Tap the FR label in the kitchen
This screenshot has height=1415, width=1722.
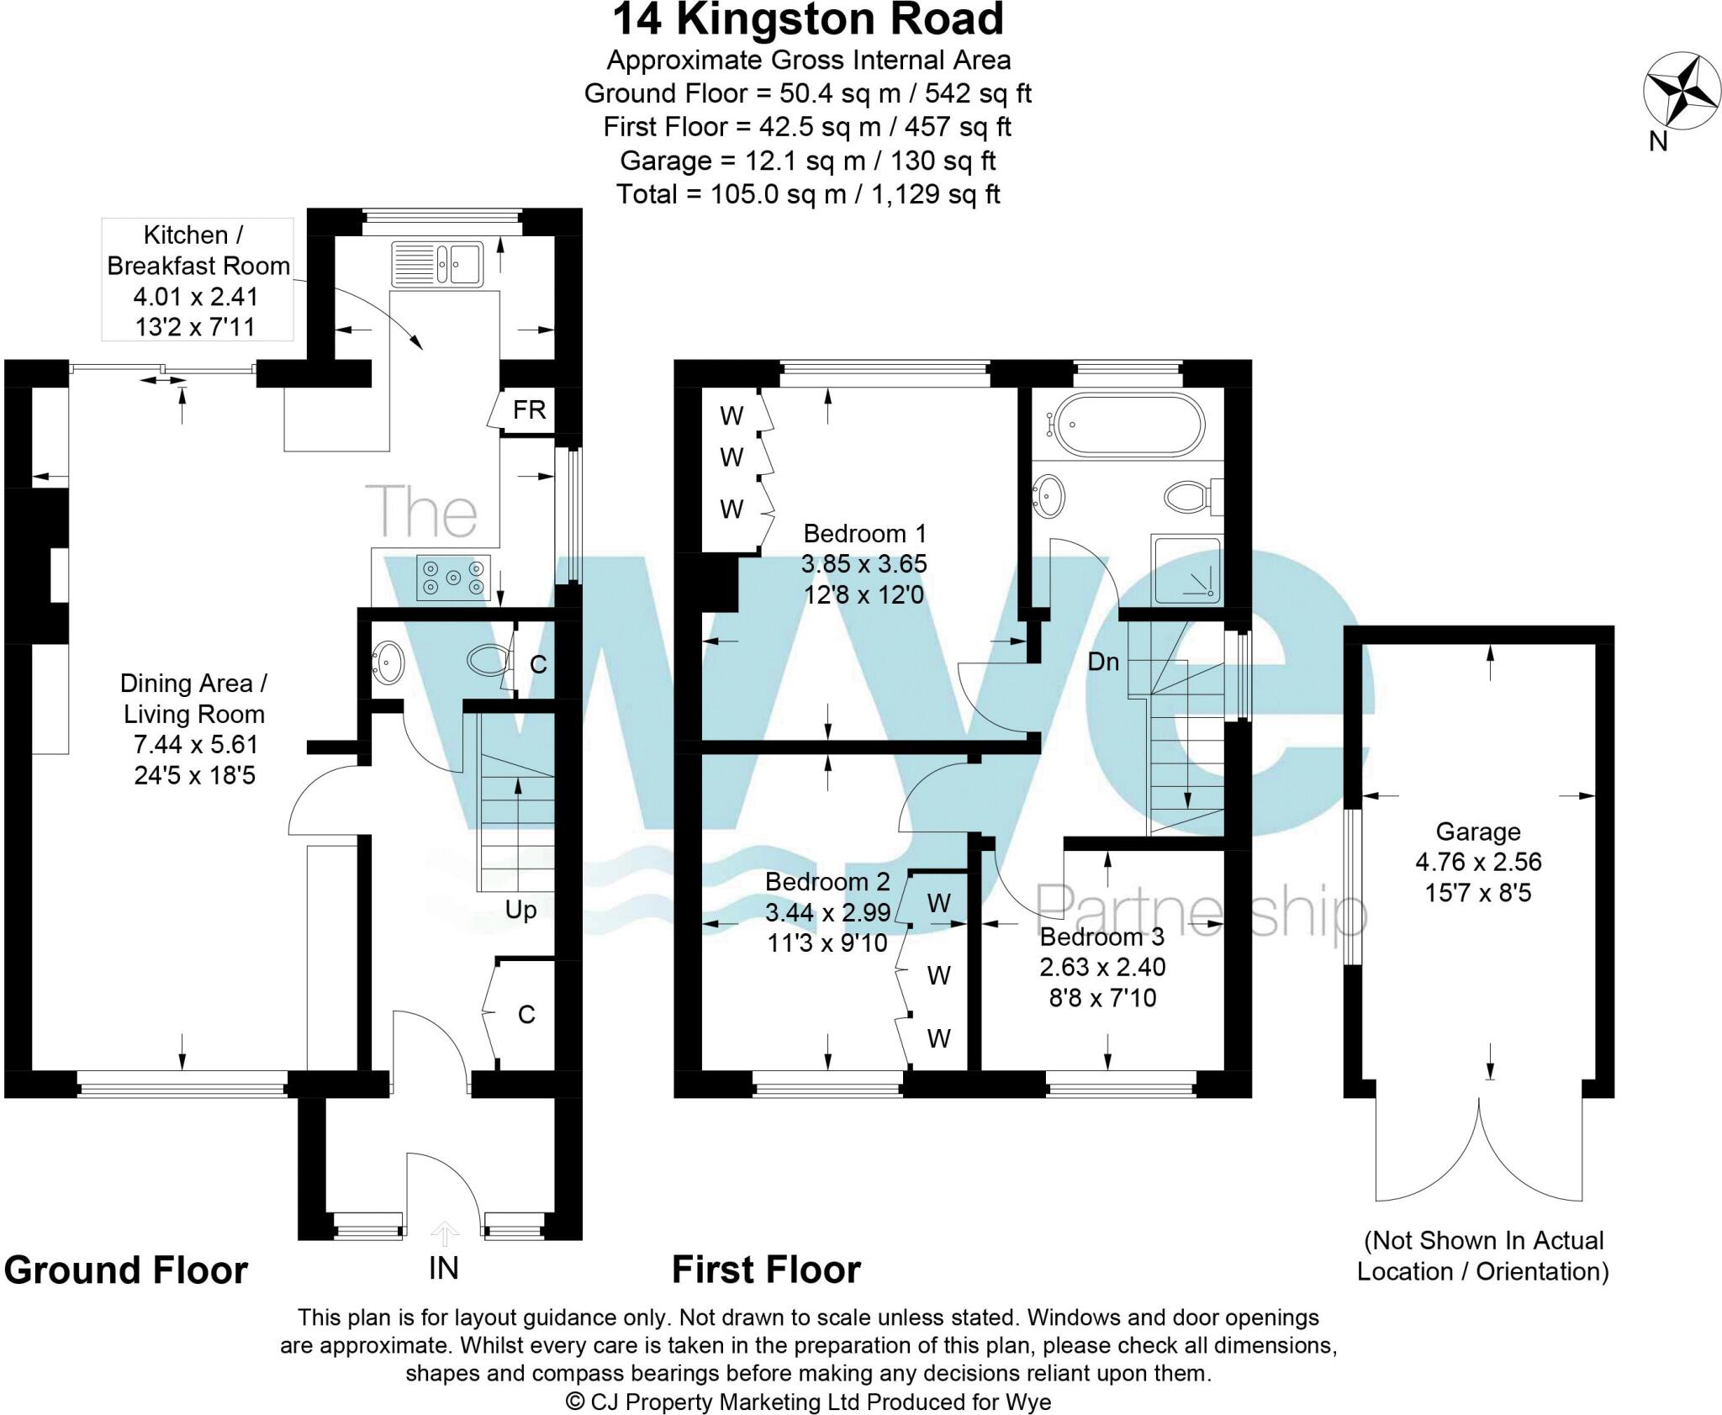click(529, 410)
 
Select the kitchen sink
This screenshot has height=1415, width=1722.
click(436, 261)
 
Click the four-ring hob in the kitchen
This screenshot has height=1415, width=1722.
click(453, 578)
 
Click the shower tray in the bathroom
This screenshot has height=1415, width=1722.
click(1187, 571)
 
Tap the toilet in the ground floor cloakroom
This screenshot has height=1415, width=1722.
click(485, 660)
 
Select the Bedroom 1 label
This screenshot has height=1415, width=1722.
click(864, 563)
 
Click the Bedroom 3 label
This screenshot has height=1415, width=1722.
click(1102, 967)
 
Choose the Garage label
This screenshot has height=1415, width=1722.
click(1477, 862)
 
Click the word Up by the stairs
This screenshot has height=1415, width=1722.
click(520, 910)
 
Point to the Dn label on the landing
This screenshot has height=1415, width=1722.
click(1103, 663)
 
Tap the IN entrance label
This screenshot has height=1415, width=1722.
click(443, 1269)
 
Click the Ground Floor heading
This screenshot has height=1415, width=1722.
click(126, 1270)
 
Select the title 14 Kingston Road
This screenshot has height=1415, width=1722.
click(807, 20)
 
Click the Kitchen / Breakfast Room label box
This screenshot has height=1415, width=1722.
click(198, 280)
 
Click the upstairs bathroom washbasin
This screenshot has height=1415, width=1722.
click(1048, 496)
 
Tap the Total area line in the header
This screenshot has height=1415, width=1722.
click(807, 194)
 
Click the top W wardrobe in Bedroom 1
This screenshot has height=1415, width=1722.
click(732, 415)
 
